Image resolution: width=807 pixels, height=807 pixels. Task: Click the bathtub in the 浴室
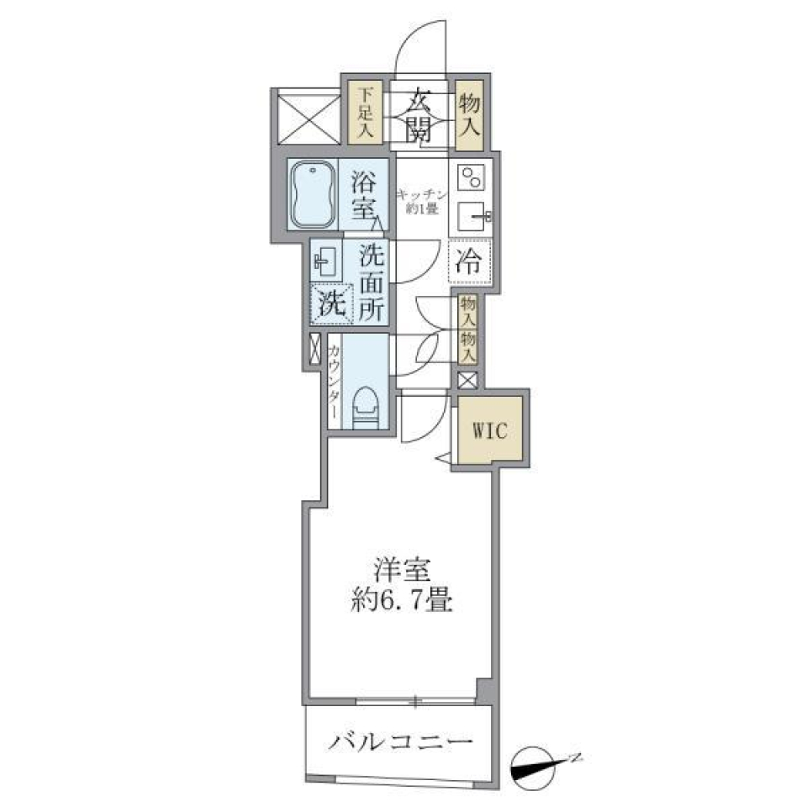313,193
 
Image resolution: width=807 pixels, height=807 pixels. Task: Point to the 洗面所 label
372,281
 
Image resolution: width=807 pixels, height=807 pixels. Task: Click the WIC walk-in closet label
490,431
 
